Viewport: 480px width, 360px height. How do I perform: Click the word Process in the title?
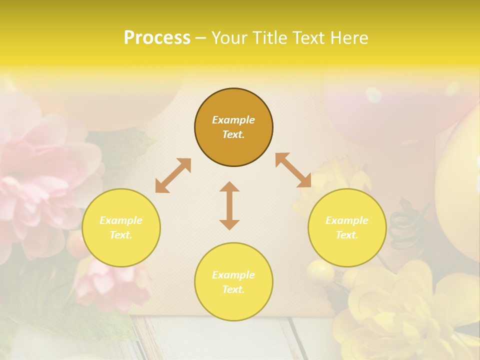[x=157, y=38]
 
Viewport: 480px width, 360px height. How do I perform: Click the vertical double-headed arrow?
[x=229, y=205]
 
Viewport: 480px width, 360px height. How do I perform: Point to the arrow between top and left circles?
[x=173, y=175]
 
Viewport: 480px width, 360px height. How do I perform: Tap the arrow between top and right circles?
[x=293, y=170]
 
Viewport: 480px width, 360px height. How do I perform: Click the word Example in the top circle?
[x=233, y=120]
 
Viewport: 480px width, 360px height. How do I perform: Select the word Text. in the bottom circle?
[x=233, y=289]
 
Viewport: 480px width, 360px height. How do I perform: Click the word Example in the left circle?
[x=121, y=220]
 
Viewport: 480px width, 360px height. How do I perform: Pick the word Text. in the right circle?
[x=347, y=235]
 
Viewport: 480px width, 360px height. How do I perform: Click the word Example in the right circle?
[x=347, y=220]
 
